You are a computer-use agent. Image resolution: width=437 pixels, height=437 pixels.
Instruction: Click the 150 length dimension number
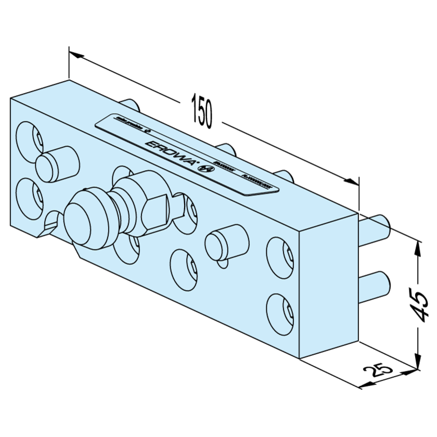pyautogui.click(x=202, y=111)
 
